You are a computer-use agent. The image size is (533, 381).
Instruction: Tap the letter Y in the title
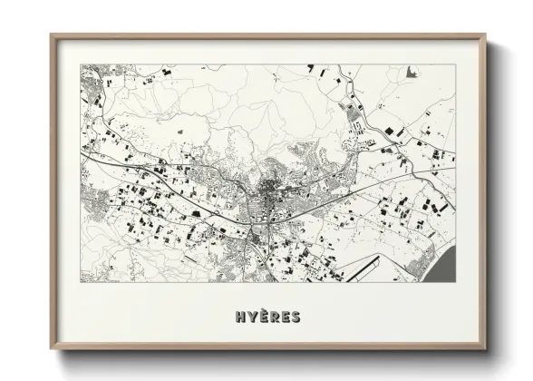248,317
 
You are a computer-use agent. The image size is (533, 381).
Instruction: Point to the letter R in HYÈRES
272,317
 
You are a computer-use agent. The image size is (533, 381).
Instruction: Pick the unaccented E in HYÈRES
285,317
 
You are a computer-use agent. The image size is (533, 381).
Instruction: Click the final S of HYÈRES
296,317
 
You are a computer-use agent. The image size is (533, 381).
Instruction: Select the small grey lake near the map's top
412,71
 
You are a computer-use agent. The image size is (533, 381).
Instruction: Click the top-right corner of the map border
452,64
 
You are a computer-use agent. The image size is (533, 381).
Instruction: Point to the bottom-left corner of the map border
80,281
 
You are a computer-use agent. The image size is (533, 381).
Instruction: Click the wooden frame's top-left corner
51,35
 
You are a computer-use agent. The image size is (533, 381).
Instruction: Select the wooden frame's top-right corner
485,35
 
